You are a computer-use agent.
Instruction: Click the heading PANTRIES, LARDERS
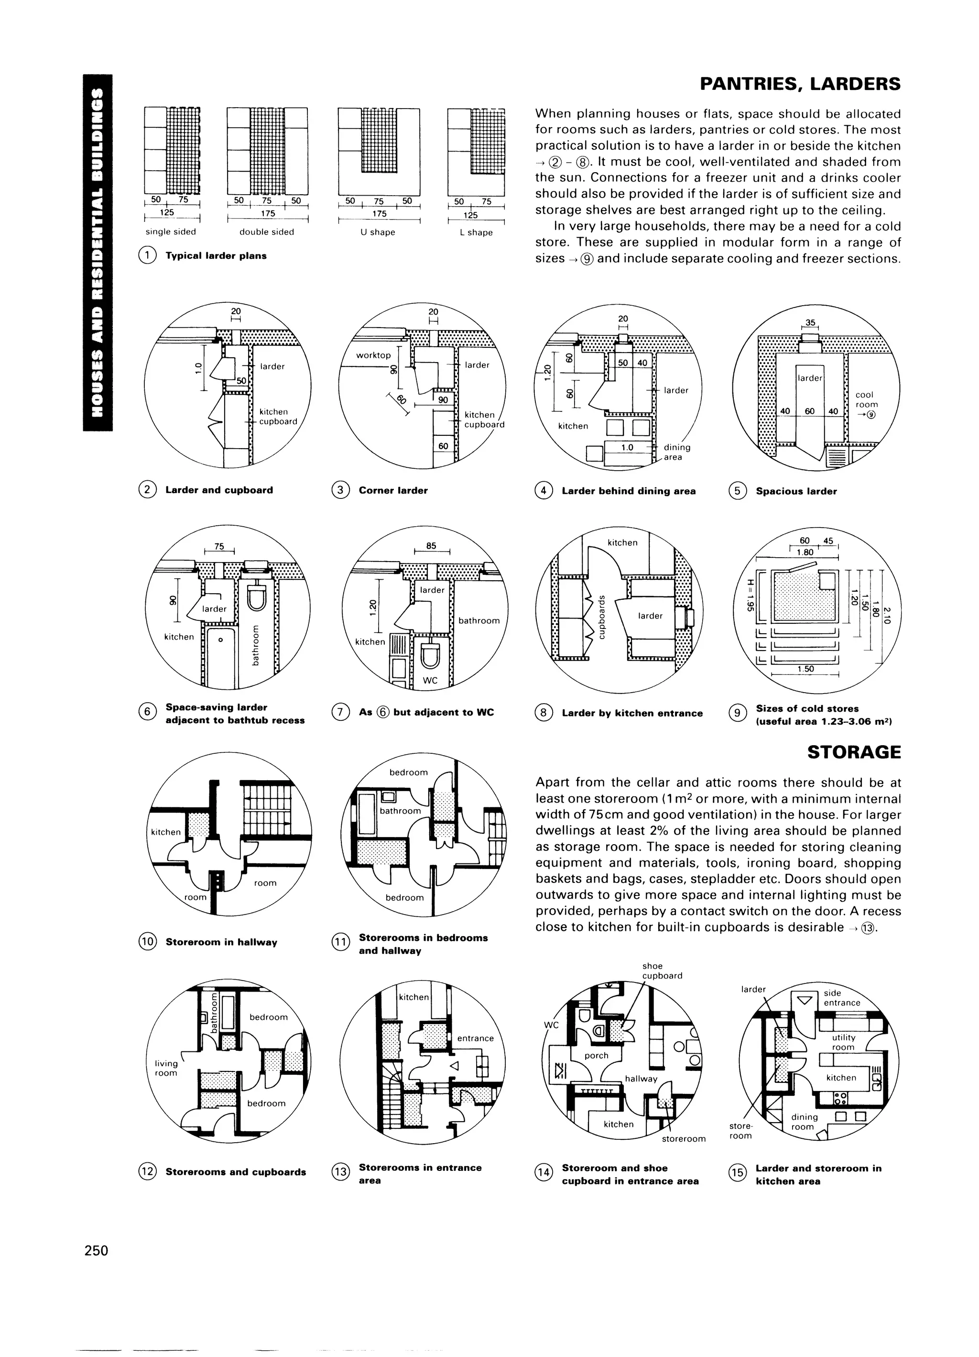coord(800,84)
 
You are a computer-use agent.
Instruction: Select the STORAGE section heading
coord(853,752)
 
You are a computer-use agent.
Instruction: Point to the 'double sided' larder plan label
coord(267,232)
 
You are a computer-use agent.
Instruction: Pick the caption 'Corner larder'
coord(393,491)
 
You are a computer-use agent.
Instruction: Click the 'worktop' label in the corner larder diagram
coord(373,355)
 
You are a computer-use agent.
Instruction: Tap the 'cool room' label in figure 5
coord(867,400)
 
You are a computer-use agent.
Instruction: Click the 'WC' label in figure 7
coord(430,680)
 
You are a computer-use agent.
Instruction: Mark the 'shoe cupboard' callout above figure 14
coord(662,971)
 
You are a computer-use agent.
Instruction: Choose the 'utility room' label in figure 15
coord(843,1042)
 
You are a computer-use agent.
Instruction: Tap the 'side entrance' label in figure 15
coord(841,998)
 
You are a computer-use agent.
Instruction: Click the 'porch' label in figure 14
coord(596,1056)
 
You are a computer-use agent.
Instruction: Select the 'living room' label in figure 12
coord(166,1068)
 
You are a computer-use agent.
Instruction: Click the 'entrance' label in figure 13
coord(476,1038)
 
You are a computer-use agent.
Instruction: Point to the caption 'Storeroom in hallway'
coord(221,942)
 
